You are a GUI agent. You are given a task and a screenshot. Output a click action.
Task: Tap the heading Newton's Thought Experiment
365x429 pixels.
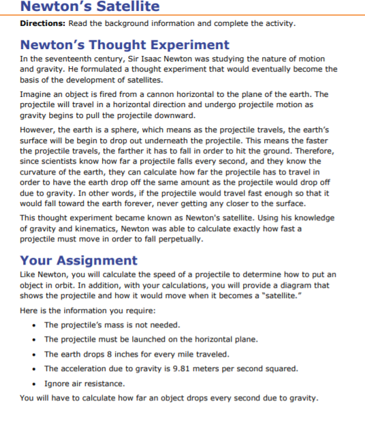(x=125, y=46)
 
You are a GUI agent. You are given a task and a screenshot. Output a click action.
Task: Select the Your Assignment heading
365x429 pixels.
(x=78, y=260)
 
